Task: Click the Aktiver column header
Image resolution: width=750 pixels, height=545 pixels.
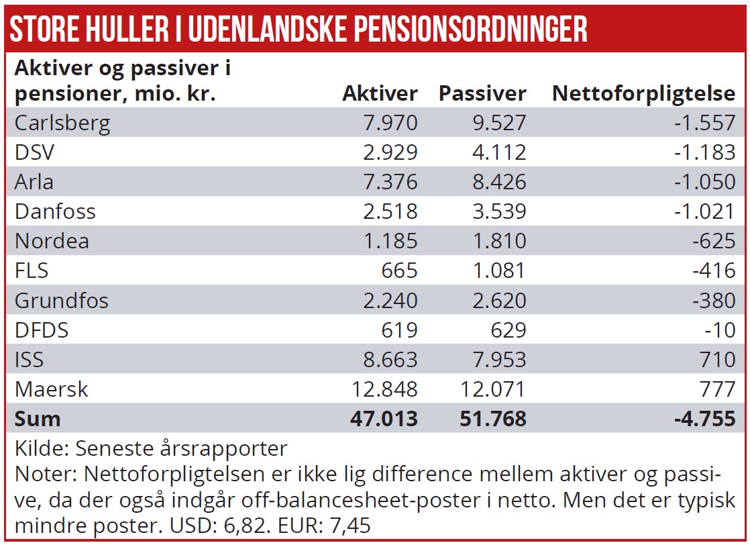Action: click(380, 93)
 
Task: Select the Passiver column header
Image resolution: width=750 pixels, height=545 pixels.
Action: click(482, 93)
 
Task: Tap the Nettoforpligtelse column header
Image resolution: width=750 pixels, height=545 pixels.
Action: click(643, 93)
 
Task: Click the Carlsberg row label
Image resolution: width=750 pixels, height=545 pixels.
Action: click(62, 123)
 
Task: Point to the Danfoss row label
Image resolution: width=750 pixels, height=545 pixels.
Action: click(55, 211)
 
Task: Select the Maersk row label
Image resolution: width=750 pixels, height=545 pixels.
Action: click(52, 389)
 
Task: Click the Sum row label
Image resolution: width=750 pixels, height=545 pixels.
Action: click(38, 418)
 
